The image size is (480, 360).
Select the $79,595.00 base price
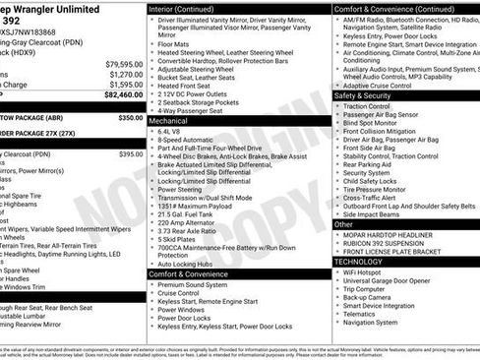122,63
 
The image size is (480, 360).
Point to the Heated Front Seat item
189,86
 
